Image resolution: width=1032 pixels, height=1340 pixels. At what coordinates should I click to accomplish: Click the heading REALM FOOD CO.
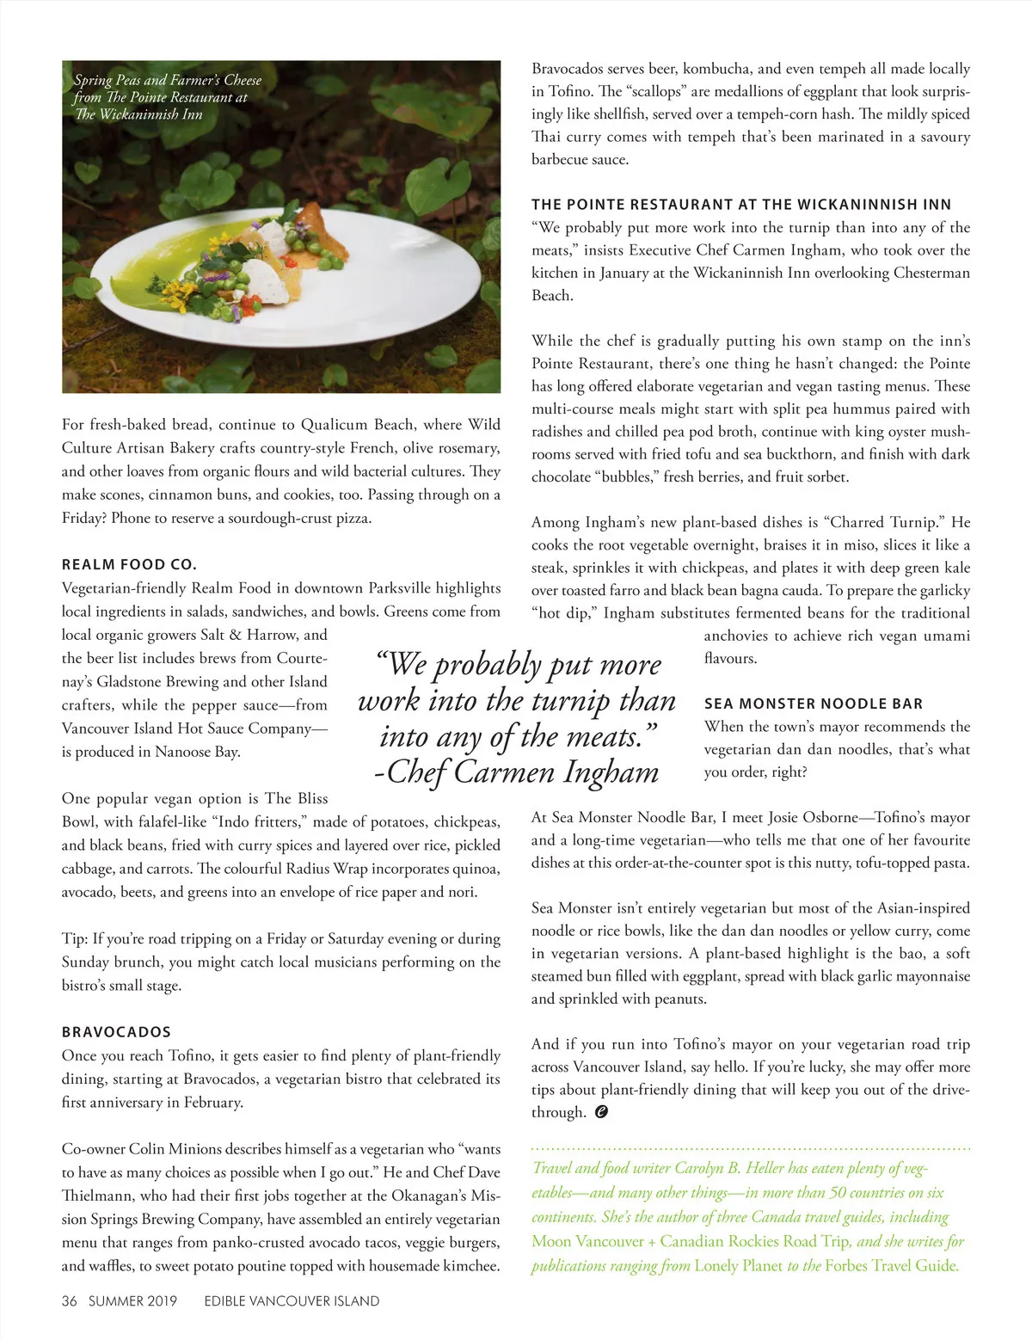point(129,565)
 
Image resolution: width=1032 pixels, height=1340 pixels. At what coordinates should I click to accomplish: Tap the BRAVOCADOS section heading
point(116,1032)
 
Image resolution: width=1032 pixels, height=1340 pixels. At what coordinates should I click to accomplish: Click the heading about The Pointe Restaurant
point(741,205)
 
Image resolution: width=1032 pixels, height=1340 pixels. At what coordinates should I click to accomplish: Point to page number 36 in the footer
point(70,1301)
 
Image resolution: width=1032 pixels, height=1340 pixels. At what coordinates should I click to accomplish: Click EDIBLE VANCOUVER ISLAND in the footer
point(292,1301)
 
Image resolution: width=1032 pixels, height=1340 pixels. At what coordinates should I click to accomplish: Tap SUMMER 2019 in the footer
point(132,1301)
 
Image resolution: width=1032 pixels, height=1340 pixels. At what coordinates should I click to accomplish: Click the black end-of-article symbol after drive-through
point(601,1112)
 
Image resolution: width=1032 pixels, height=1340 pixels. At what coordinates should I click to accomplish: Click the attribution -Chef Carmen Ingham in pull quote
point(516,772)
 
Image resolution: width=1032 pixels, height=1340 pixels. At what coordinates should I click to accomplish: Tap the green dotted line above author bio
point(751,1148)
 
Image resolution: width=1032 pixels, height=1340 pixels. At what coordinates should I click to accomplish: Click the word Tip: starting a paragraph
point(74,939)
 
